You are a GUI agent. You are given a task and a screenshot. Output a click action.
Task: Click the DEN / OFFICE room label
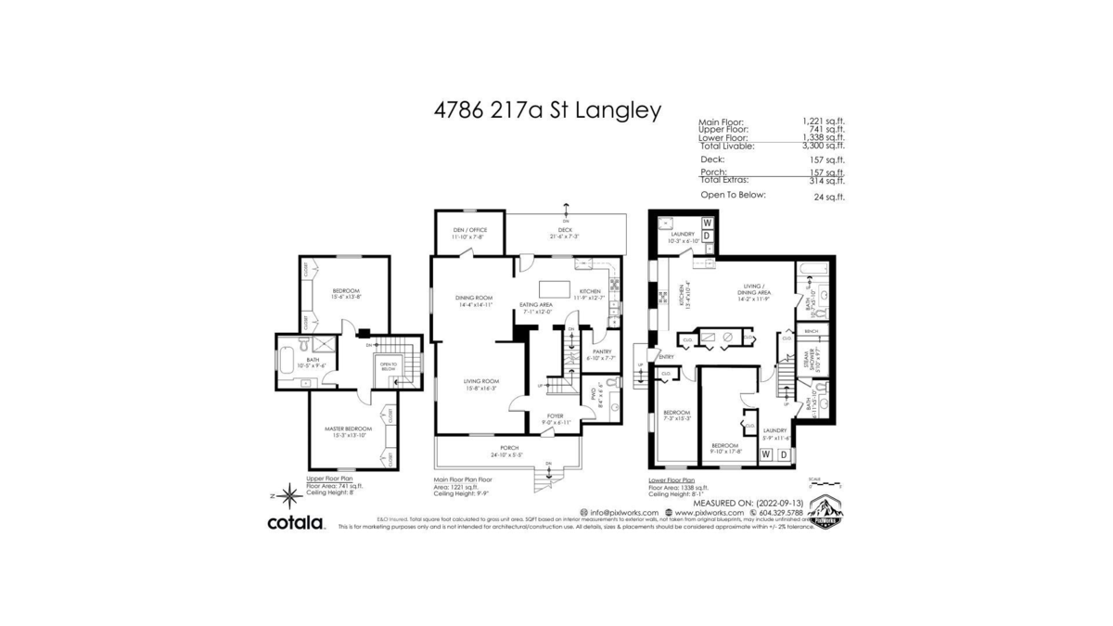tap(469, 230)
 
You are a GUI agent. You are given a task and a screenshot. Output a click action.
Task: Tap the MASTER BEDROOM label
tap(348, 428)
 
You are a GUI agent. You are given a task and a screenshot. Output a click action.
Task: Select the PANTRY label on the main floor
tap(602, 352)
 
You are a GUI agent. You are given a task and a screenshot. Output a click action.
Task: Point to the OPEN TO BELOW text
tap(389, 365)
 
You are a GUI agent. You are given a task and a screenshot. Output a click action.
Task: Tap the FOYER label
tap(555, 416)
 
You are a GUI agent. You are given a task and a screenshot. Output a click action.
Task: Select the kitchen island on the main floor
tap(556, 284)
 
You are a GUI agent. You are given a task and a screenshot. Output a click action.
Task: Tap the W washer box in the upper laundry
tap(707, 224)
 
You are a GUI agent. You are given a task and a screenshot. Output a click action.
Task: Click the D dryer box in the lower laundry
tap(784, 454)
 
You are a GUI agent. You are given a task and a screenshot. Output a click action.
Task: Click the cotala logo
tap(296, 523)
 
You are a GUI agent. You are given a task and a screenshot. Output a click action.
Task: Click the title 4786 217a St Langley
tap(547, 110)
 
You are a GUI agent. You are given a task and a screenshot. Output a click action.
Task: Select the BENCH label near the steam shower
tap(812, 330)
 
